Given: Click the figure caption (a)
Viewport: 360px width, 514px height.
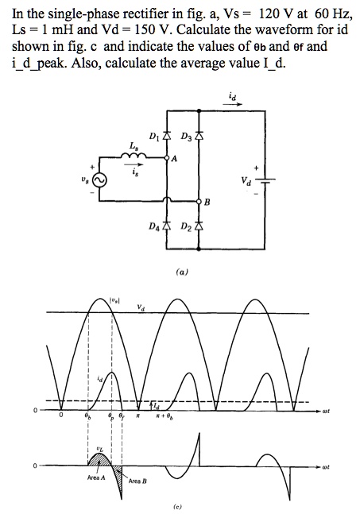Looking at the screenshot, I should click(x=181, y=271).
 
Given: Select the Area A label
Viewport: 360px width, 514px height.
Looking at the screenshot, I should click(x=95, y=477).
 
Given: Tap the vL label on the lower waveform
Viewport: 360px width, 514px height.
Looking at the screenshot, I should click(x=98, y=449).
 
